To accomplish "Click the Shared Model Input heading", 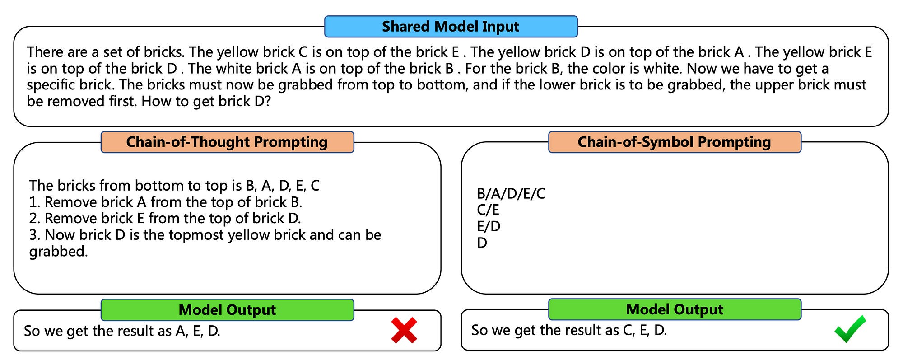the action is [x=451, y=27].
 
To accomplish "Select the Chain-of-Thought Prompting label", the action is [x=227, y=142].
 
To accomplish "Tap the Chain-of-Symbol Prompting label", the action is [x=675, y=142].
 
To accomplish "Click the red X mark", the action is [x=404, y=330].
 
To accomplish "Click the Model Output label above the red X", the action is [x=227, y=310].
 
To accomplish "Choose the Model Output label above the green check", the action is [x=675, y=309].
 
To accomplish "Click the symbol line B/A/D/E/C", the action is [x=511, y=194].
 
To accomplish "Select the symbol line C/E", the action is [x=488, y=210].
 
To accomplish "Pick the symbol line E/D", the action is [x=489, y=226].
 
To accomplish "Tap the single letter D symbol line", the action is [x=482, y=243].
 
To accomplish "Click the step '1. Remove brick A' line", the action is [x=166, y=202].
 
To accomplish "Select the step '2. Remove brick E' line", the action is [x=165, y=218].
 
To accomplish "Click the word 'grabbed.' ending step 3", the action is [x=59, y=252].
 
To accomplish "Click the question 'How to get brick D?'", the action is [x=206, y=101].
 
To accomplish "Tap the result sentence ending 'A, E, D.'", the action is [x=122, y=331].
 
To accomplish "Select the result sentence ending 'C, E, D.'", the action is [x=569, y=330].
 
